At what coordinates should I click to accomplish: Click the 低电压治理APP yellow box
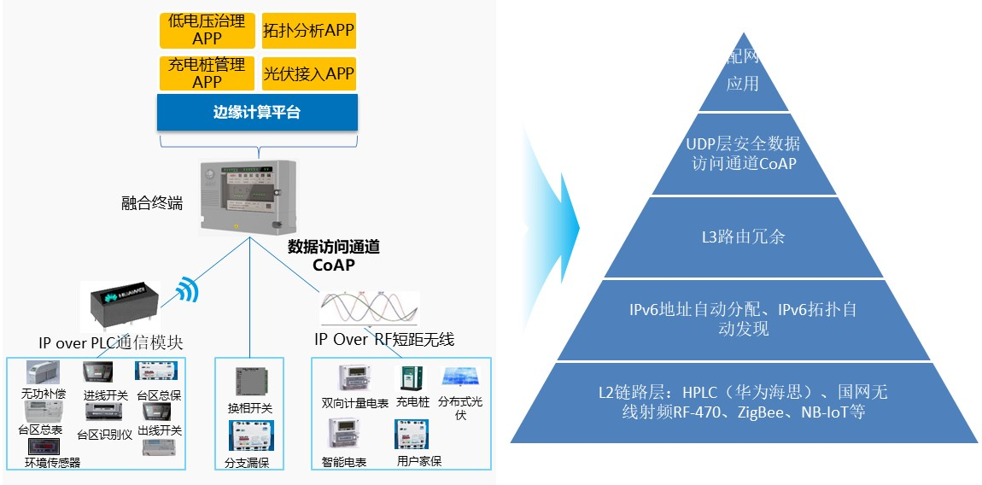(207, 30)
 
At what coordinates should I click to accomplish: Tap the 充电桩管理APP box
(207, 73)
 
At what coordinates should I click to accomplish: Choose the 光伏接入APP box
(308, 74)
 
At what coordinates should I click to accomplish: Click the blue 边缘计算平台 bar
(257, 112)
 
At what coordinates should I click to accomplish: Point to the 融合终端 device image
(248, 195)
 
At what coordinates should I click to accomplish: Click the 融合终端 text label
(152, 203)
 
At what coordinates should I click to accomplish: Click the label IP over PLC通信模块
(111, 342)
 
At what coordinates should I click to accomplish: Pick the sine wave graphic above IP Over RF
(370, 309)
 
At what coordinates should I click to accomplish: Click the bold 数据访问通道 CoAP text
(333, 255)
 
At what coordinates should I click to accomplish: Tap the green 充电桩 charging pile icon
(412, 381)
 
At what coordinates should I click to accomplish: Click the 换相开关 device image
(248, 381)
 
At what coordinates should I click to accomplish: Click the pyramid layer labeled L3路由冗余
(743, 237)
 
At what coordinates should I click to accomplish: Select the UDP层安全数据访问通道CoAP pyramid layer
(743, 154)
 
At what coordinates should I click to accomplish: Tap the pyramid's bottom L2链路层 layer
(743, 402)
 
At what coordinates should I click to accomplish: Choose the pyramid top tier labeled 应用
(743, 81)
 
